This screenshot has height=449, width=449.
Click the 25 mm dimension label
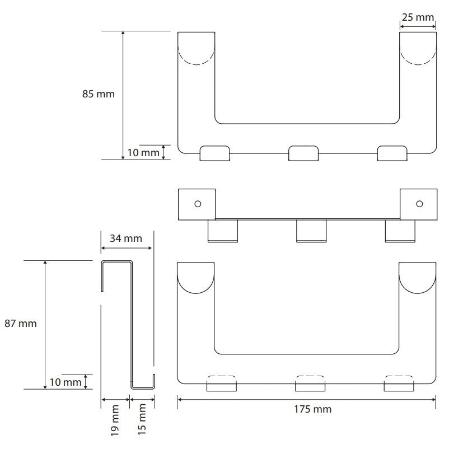tap(418, 17)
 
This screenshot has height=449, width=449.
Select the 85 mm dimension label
tap(98, 94)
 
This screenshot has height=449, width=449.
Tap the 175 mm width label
tap(313, 409)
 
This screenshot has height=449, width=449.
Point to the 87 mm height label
tap(21, 324)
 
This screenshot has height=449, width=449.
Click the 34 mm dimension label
tap(126, 238)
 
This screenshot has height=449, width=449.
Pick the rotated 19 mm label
tap(115, 420)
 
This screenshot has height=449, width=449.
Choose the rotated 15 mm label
tap(142, 419)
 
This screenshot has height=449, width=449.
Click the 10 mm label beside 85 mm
tap(143, 153)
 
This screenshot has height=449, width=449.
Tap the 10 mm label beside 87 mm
tap(66, 382)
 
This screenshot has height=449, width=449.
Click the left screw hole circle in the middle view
tap(198, 204)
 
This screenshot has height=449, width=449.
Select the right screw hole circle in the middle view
tap(419, 204)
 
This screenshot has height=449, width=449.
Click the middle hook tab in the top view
tap(303, 153)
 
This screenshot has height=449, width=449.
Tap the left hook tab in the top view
tap(215, 153)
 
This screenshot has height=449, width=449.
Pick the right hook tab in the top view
tap(392, 153)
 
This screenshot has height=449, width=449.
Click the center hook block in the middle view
tap(311, 231)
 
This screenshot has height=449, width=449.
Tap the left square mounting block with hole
tap(197, 204)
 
